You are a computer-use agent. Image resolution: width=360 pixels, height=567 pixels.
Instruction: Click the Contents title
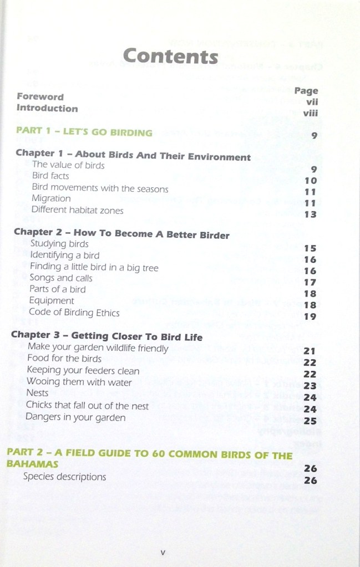[170, 57]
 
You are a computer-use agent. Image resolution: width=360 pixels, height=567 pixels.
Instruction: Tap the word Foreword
[40, 96]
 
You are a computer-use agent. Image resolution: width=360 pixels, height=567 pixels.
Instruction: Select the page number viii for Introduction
[310, 114]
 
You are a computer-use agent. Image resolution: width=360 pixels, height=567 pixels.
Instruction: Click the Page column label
[306, 90]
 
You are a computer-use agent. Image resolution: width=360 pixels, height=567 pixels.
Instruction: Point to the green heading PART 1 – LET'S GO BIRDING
[84, 132]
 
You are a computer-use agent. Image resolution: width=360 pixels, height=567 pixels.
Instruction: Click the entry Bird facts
[50, 176]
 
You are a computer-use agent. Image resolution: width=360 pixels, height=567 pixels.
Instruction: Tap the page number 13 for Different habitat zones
[310, 214]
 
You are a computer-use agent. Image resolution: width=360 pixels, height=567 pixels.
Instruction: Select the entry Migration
[51, 198]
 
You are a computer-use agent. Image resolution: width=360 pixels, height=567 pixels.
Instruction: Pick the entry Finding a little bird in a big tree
[94, 268]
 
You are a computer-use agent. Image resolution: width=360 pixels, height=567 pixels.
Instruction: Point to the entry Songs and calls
[61, 278]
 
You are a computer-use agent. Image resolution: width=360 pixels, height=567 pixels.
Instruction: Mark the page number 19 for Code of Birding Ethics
[310, 316]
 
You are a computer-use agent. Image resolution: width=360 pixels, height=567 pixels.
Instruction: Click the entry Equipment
[52, 301]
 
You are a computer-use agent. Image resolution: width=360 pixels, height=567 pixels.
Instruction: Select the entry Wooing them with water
[79, 382]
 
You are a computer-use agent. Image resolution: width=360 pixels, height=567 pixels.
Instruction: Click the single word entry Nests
[37, 393]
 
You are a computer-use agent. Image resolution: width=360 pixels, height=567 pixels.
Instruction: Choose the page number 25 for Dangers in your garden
[310, 421]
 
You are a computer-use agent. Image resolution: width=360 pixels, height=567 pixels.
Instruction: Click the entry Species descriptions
[64, 477]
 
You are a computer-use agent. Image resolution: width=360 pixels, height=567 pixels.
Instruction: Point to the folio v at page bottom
[163, 552]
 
